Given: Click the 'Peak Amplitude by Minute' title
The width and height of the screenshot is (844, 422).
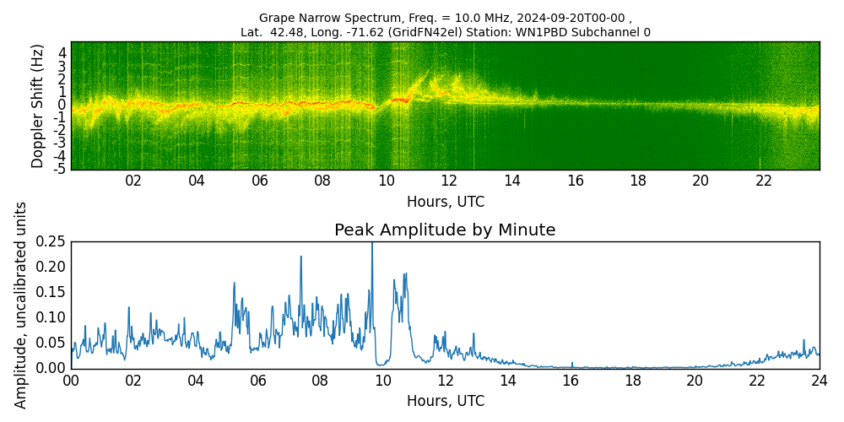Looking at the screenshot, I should coord(445,230).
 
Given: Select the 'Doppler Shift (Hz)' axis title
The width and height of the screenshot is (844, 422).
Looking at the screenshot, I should coord(38,106).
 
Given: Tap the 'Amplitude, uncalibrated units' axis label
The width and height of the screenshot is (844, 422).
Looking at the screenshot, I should coord(21,305).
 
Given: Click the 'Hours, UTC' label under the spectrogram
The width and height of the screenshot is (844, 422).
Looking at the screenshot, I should coord(445,203).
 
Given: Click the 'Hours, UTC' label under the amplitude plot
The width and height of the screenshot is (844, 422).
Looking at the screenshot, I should coord(445,401).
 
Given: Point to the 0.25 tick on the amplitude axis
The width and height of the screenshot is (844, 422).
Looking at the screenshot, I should coord(51,241).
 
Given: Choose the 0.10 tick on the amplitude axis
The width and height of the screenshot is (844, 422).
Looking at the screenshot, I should coord(51,317).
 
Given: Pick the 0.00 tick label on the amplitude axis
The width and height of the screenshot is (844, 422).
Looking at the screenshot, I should coord(51,368).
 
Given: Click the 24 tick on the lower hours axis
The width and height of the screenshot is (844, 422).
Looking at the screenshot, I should coord(819,381).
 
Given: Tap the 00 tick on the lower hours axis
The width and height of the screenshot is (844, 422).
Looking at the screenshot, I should coord(72,381).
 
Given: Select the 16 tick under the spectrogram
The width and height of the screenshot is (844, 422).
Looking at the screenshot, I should coord(575,181).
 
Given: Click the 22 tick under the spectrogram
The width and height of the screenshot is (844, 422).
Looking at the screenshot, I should coord(764,181).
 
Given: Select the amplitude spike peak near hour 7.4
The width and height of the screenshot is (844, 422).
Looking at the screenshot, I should coord(300,257).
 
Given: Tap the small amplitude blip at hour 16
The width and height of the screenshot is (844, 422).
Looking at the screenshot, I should coord(571,363).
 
